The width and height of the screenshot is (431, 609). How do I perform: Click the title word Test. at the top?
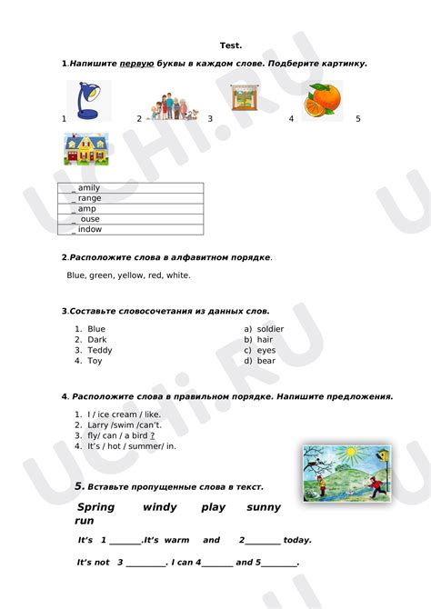pyautogui.click(x=230, y=45)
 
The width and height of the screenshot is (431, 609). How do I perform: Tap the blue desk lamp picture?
pyautogui.click(x=89, y=101)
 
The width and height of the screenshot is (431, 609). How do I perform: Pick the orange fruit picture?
pyautogui.click(x=323, y=101)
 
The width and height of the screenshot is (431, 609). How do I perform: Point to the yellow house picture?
pyautogui.click(x=88, y=152)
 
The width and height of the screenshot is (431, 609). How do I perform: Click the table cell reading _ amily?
pyautogui.click(x=130, y=187)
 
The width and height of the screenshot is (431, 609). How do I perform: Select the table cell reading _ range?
pyautogui.click(x=130, y=198)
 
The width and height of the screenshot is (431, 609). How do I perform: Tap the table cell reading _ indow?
pyautogui.click(x=130, y=230)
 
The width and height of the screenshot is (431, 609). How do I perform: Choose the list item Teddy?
pyautogui.click(x=100, y=350)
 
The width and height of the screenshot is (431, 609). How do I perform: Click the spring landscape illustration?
pyautogui.click(x=346, y=474)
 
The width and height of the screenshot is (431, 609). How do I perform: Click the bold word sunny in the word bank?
pyautogui.click(x=264, y=507)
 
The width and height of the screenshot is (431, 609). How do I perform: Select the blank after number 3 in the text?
pyautogui.click(x=145, y=563)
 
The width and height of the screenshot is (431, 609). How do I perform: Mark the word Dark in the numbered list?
pyautogui.click(x=97, y=339)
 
